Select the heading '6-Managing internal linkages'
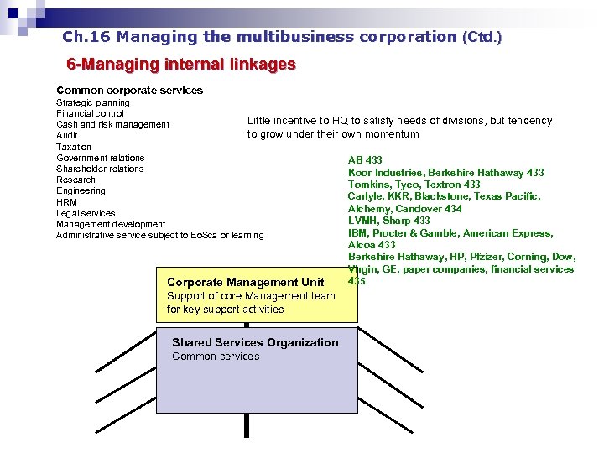click(x=181, y=65)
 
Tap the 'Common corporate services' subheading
click(x=129, y=90)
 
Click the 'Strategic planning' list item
click(x=93, y=102)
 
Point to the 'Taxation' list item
click(x=74, y=147)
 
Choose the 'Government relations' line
click(x=100, y=158)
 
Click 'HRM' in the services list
click(x=67, y=202)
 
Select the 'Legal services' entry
click(x=86, y=213)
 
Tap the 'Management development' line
click(x=111, y=224)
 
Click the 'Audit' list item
click(x=67, y=135)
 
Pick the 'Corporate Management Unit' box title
click(x=246, y=282)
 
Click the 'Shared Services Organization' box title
click(x=255, y=342)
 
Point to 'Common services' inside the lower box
click(x=216, y=357)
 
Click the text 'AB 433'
click(x=365, y=159)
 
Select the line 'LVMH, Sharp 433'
click(x=388, y=221)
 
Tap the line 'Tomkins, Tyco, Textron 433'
click(x=414, y=185)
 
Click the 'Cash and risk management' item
click(x=112, y=124)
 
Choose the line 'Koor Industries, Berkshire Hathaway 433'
click(x=445, y=172)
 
